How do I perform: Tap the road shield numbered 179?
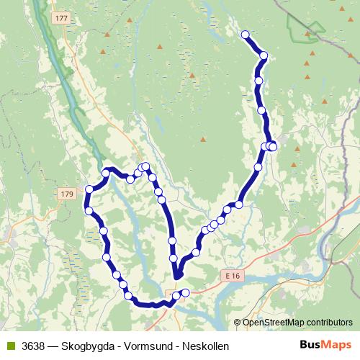[67, 194]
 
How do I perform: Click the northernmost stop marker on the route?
[245, 35]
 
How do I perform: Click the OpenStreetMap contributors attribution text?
[293, 323]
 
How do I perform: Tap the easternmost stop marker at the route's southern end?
[186, 292]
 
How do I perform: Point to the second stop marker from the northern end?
[264, 55]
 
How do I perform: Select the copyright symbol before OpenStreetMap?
[238, 323]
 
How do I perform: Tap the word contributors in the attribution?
[330, 323]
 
